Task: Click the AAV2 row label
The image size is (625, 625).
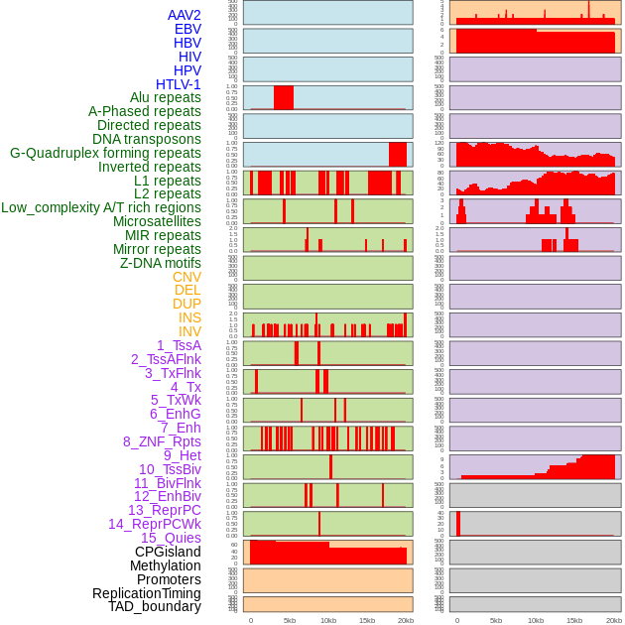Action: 184,15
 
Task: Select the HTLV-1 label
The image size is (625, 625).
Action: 178,84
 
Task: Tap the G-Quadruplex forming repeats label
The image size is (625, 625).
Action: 105,154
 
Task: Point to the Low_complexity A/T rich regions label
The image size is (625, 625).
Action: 101,207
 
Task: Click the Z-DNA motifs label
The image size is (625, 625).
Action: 160,263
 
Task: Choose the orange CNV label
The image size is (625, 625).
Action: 187,277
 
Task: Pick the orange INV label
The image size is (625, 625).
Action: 189,331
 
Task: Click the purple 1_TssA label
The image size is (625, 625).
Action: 179,345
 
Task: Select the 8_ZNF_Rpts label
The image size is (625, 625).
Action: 162,441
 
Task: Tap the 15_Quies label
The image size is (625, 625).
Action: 171,538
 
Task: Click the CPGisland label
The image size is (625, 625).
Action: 168,552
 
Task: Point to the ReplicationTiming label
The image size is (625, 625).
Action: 146,593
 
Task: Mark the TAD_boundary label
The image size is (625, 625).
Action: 155,606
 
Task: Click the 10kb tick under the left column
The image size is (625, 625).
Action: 327,620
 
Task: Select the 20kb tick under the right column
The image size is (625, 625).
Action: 613,620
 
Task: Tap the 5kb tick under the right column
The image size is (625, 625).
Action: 496,620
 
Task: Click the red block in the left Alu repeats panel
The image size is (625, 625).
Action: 284,97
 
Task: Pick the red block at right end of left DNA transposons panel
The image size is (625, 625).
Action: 397,154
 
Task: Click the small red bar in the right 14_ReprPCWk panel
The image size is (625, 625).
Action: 458,524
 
